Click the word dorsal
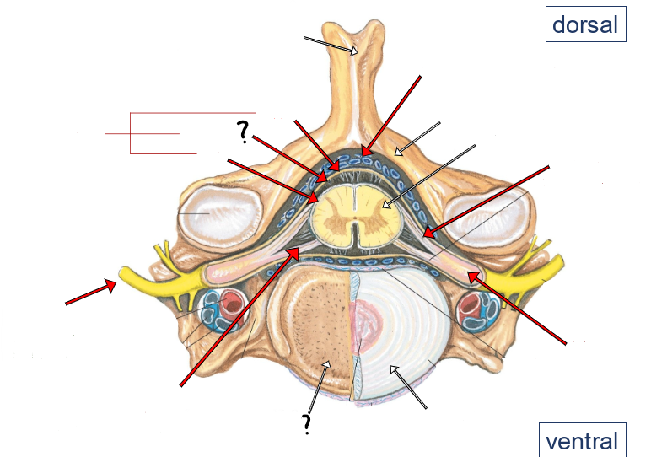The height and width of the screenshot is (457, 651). point(585,24)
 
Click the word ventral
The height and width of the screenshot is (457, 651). point(582,441)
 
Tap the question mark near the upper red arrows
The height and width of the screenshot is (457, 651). point(243,131)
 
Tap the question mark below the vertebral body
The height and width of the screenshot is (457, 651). point(307,423)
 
